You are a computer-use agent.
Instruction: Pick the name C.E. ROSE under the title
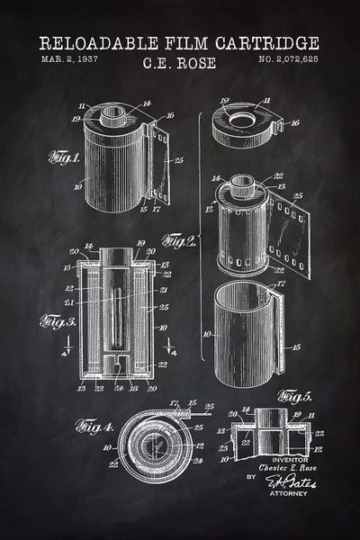pyautogui.click(x=180, y=64)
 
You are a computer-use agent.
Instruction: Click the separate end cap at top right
pyautogui.click(x=244, y=122)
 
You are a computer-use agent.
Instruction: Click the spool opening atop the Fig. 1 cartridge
pyautogui.click(x=115, y=115)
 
